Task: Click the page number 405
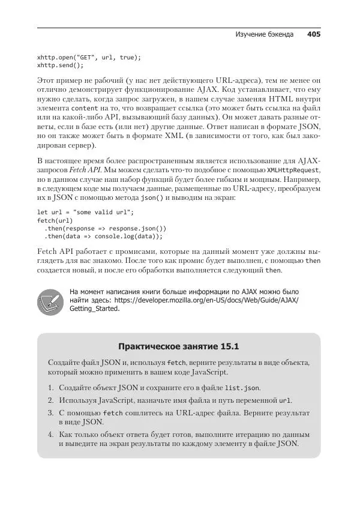tap(313, 35)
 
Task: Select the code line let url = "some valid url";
tap(86, 212)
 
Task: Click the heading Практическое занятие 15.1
tap(179, 346)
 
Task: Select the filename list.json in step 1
tap(242, 388)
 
